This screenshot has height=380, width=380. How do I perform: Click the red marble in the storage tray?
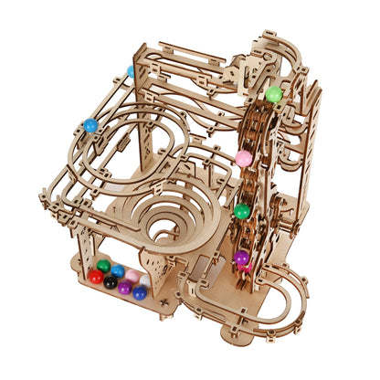(x=95, y=276)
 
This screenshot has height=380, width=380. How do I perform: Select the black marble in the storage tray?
(x=111, y=282)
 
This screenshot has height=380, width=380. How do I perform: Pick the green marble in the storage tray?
(x=104, y=267)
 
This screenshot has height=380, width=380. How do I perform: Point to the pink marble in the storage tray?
(x=132, y=275)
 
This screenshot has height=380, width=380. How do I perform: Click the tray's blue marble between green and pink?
(x=118, y=271)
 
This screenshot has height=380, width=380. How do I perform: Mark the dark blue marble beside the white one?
(x=139, y=292)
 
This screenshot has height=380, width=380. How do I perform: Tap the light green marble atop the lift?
(x=273, y=94)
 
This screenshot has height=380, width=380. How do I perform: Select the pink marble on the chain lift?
(x=244, y=158)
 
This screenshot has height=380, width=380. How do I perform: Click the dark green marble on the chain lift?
(x=242, y=211)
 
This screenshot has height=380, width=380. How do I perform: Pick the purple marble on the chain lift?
(x=242, y=258)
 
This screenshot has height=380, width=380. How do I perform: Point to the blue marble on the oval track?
(x=90, y=125)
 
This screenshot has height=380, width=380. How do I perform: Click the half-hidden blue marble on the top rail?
(x=131, y=70)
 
